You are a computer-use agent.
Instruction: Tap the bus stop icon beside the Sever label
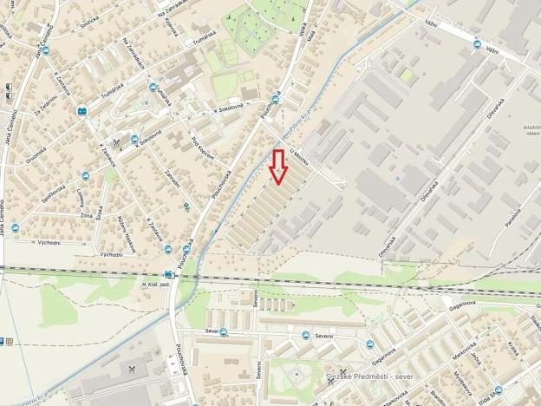[x=224, y=331]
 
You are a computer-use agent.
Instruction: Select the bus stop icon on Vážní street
[x=476, y=43]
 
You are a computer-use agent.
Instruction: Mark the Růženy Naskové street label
[x=127, y=229]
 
